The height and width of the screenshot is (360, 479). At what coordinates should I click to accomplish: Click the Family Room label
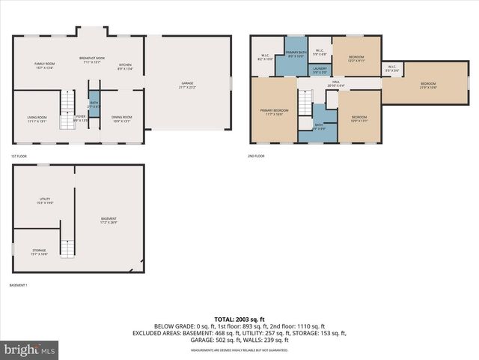[44, 65]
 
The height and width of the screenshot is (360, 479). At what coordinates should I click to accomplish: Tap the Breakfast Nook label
[95, 59]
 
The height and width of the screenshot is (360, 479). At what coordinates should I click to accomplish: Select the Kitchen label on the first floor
[125, 66]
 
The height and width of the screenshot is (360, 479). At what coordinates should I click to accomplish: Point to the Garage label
[186, 85]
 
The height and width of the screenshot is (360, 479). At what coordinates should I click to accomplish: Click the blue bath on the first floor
[94, 106]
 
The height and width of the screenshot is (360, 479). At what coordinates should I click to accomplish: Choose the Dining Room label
[122, 118]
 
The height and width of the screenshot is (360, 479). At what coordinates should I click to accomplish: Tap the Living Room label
[37, 118]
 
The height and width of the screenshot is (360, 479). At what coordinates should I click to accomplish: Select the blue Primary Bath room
[295, 55]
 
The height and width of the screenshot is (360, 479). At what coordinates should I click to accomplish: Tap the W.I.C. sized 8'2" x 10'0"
[266, 56]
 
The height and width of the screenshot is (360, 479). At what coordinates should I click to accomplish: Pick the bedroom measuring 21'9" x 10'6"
[427, 85]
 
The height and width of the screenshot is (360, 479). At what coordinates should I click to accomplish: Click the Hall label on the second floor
[336, 83]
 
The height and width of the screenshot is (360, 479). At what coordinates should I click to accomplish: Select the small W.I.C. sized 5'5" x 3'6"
[392, 70]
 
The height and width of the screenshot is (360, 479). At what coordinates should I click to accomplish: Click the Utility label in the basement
[44, 200]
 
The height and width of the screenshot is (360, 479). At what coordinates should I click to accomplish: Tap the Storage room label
[39, 251]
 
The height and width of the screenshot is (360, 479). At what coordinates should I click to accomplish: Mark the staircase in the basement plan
[68, 248]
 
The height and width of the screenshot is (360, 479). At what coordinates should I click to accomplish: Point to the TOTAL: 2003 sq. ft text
[239, 319]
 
